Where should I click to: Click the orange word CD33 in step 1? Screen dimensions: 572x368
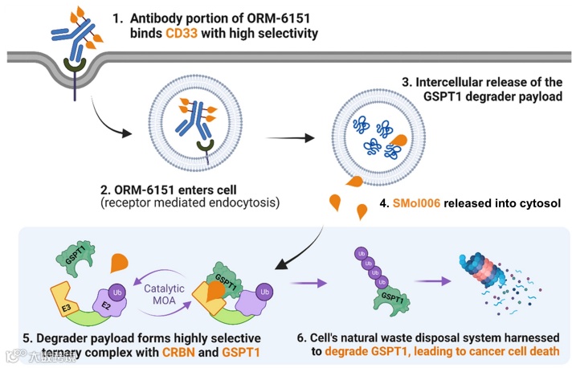(x=182, y=33)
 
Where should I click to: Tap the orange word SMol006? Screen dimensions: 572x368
(x=416, y=202)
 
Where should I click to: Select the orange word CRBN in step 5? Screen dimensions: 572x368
(x=178, y=352)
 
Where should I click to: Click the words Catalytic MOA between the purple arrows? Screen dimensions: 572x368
(x=164, y=294)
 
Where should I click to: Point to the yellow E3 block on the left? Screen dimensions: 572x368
(x=64, y=299)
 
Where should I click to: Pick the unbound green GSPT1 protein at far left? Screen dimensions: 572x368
(x=76, y=258)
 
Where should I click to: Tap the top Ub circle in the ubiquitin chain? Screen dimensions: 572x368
(x=362, y=254)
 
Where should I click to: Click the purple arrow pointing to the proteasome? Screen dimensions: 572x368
(x=433, y=281)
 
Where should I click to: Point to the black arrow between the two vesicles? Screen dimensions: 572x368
(x=290, y=138)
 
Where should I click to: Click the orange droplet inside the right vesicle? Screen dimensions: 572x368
(x=398, y=140)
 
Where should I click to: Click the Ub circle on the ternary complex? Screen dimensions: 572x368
(x=264, y=292)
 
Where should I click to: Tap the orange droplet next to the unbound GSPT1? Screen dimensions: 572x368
(x=119, y=263)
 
